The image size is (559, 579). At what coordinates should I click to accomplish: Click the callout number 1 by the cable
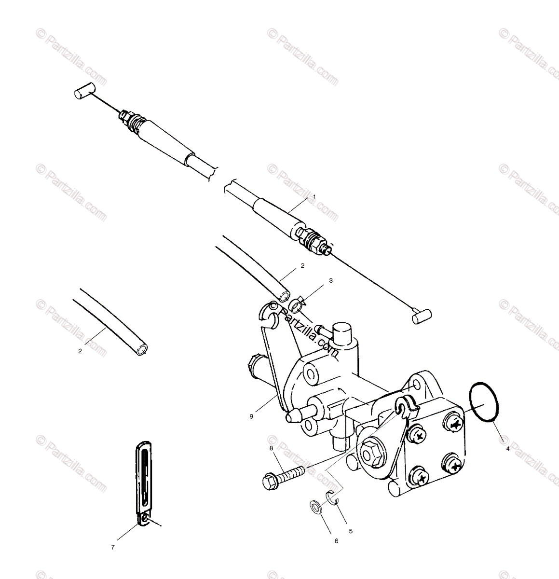[314, 197]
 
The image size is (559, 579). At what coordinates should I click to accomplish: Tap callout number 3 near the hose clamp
[317, 280]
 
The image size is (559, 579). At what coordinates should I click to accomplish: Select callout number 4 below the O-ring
[507, 449]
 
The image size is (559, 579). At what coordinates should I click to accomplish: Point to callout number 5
[351, 531]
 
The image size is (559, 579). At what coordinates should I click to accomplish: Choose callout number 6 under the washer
[336, 541]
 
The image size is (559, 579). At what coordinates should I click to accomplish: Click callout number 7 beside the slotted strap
[112, 547]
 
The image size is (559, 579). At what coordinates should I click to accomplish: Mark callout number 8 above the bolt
[272, 448]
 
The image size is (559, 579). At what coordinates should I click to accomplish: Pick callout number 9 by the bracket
[251, 416]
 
